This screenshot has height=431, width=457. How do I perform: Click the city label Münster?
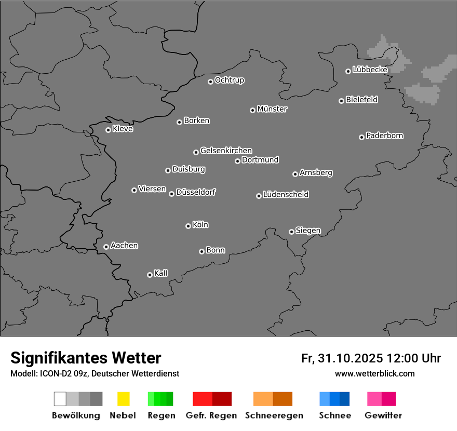point(272,109)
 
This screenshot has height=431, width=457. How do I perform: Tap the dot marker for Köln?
point(188,226)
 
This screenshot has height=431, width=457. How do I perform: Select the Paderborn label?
point(385,136)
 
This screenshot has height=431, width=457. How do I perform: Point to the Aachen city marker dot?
point(106,247)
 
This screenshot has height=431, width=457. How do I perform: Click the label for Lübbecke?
point(370,70)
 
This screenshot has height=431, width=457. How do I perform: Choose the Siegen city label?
point(308,231)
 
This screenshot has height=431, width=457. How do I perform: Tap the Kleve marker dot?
point(108,130)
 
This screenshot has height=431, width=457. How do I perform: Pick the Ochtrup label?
point(230,80)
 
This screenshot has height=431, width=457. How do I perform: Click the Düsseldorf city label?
point(196,192)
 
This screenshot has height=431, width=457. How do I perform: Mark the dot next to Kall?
point(150,275)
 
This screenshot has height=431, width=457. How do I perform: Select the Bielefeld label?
point(362,100)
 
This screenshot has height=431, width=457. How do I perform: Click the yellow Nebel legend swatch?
point(123,399)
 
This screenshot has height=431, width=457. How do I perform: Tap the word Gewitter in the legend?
point(383,415)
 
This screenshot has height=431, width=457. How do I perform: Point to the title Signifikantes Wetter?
point(86,358)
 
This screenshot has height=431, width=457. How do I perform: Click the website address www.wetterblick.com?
point(375,373)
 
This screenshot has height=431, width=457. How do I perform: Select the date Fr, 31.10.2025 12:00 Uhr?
point(371,358)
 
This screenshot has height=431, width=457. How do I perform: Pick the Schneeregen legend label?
point(274,415)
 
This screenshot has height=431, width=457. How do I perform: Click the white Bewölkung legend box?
point(60,399)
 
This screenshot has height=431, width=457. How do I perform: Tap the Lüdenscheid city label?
point(286,195)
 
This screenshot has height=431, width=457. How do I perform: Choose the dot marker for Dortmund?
point(237,161)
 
